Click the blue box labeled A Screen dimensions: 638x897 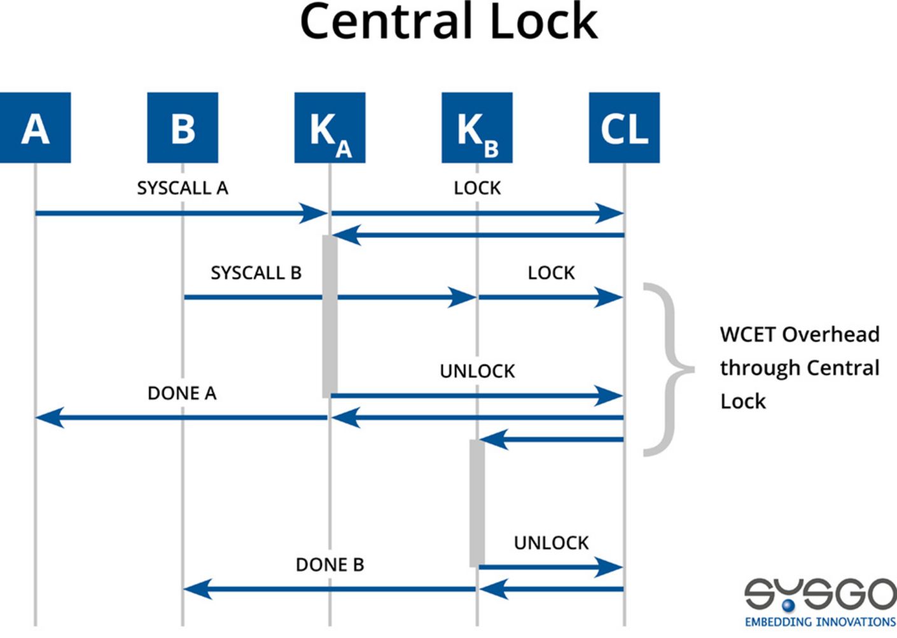pos(35,128)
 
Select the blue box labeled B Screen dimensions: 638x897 pos(183,128)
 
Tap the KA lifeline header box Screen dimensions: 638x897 pos(330,128)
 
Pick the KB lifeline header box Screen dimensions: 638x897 pos(477,128)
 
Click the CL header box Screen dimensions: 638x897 pos(624,128)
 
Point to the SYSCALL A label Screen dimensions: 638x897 pos(182,188)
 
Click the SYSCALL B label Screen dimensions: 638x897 pos(256,273)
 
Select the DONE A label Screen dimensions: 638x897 pos(182,394)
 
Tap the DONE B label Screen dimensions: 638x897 pos(330,565)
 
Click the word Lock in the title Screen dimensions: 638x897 pos(543,22)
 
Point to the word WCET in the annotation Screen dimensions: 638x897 pos(747,335)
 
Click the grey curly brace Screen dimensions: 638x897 pos(668,369)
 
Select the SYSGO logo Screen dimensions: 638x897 pos(820,602)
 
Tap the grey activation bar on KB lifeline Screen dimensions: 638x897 pos(477,503)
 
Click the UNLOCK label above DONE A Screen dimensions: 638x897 pos(477,371)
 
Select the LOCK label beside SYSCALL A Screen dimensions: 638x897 pos(477,188)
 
